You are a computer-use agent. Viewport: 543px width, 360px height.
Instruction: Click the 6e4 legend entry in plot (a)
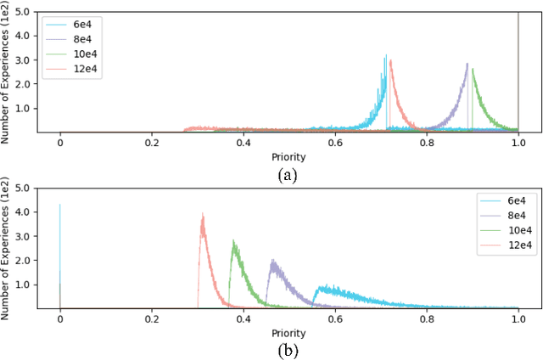click(76, 25)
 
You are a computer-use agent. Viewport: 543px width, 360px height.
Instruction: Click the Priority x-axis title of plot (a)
click(288, 157)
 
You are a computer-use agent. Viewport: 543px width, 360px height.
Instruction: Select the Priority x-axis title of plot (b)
click(288, 334)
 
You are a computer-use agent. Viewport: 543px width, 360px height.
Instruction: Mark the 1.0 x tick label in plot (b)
click(518, 321)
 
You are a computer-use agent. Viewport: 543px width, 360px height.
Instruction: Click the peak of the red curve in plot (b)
click(203, 214)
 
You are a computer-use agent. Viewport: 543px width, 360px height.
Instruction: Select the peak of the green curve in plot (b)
click(233, 241)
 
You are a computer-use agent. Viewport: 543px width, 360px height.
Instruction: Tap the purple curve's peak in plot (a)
click(467, 65)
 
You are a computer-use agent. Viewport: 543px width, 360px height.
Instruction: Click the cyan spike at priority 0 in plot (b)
click(59, 205)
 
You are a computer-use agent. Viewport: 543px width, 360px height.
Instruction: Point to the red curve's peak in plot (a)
click(390, 61)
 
